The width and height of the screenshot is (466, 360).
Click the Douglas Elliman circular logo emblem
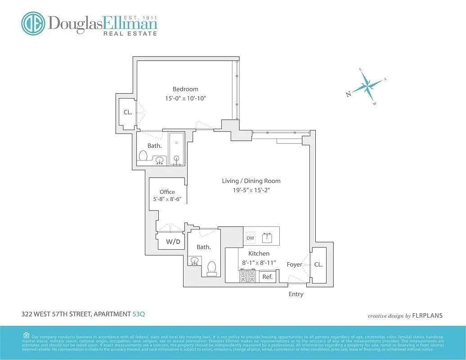point(33,23)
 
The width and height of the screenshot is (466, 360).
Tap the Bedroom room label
point(185,89)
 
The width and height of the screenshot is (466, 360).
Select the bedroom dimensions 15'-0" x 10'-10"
point(185,98)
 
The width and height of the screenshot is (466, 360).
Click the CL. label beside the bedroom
point(128,112)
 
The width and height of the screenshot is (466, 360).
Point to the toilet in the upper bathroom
point(143,156)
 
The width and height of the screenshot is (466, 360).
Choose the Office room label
point(167,192)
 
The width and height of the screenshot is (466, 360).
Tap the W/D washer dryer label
point(173,242)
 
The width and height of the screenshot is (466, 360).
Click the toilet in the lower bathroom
point(211,268)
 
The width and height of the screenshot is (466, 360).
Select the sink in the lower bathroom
point(196,261)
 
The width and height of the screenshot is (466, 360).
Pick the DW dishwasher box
point(250,238)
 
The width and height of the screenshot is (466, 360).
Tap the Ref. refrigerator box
point(268,277)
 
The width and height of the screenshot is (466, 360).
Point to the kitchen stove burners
point(247,276)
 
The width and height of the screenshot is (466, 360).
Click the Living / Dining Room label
point(251,181)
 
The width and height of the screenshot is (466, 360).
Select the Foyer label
point(295,265)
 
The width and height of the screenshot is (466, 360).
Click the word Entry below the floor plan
point(296,294)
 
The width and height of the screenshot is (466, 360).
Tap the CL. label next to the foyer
point(318,265)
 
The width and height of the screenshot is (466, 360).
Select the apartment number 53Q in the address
point(139,315)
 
